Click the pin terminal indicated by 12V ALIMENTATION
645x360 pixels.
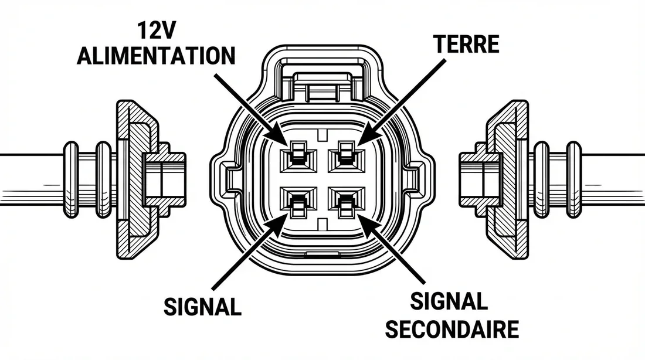point(296,157)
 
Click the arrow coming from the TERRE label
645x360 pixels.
point(399,99)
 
